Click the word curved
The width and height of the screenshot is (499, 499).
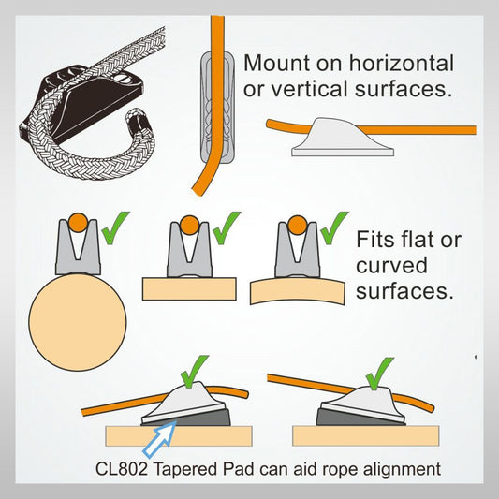click(392, 265)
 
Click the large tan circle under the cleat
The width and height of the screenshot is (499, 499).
click(80, 323)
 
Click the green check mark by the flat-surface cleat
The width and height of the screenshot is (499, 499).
click(226, 227)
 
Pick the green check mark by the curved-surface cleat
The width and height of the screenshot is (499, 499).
click(332, 227)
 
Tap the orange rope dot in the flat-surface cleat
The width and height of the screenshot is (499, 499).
click(190, 226)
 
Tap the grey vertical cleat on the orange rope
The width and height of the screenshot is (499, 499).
click(211, 108)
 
